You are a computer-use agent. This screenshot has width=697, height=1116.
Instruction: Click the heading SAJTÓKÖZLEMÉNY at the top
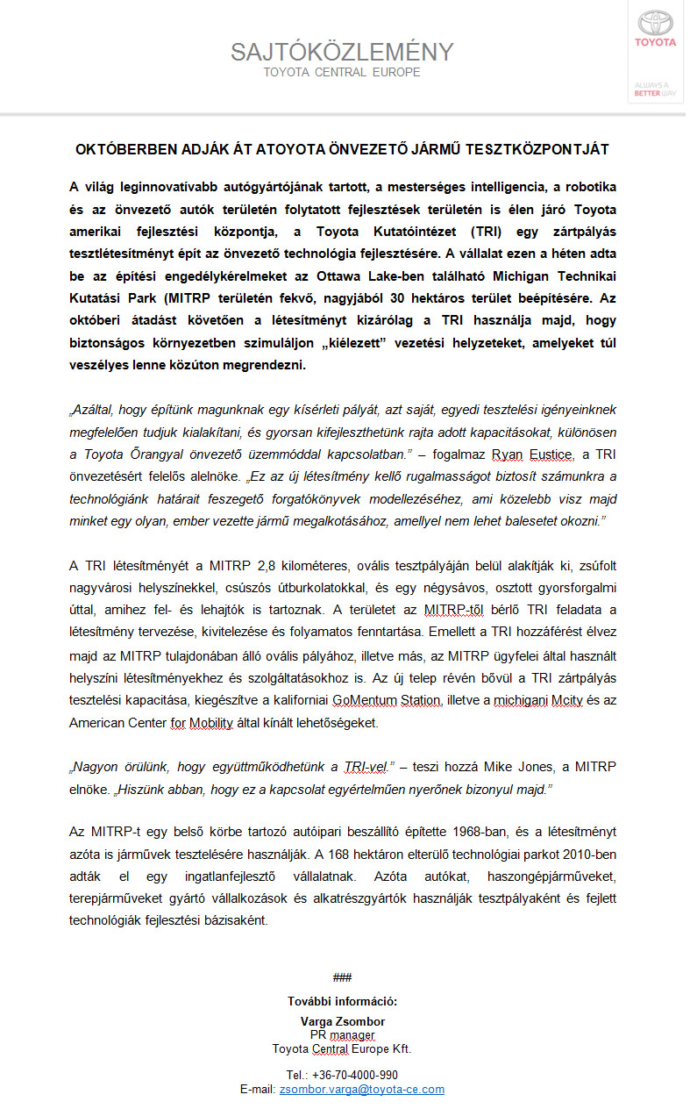coord(342,52)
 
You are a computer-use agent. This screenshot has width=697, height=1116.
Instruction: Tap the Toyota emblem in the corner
coord(655,23)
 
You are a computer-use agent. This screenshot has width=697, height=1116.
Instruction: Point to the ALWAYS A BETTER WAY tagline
coord(655,89)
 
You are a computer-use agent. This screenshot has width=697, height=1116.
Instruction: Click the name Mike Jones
coord(499,767)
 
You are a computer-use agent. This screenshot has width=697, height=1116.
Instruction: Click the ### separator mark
coord(342,977)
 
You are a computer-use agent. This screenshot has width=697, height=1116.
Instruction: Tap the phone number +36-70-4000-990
coord(342,1075)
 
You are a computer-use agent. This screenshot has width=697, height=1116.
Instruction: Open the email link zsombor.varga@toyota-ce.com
coord(361,1089)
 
